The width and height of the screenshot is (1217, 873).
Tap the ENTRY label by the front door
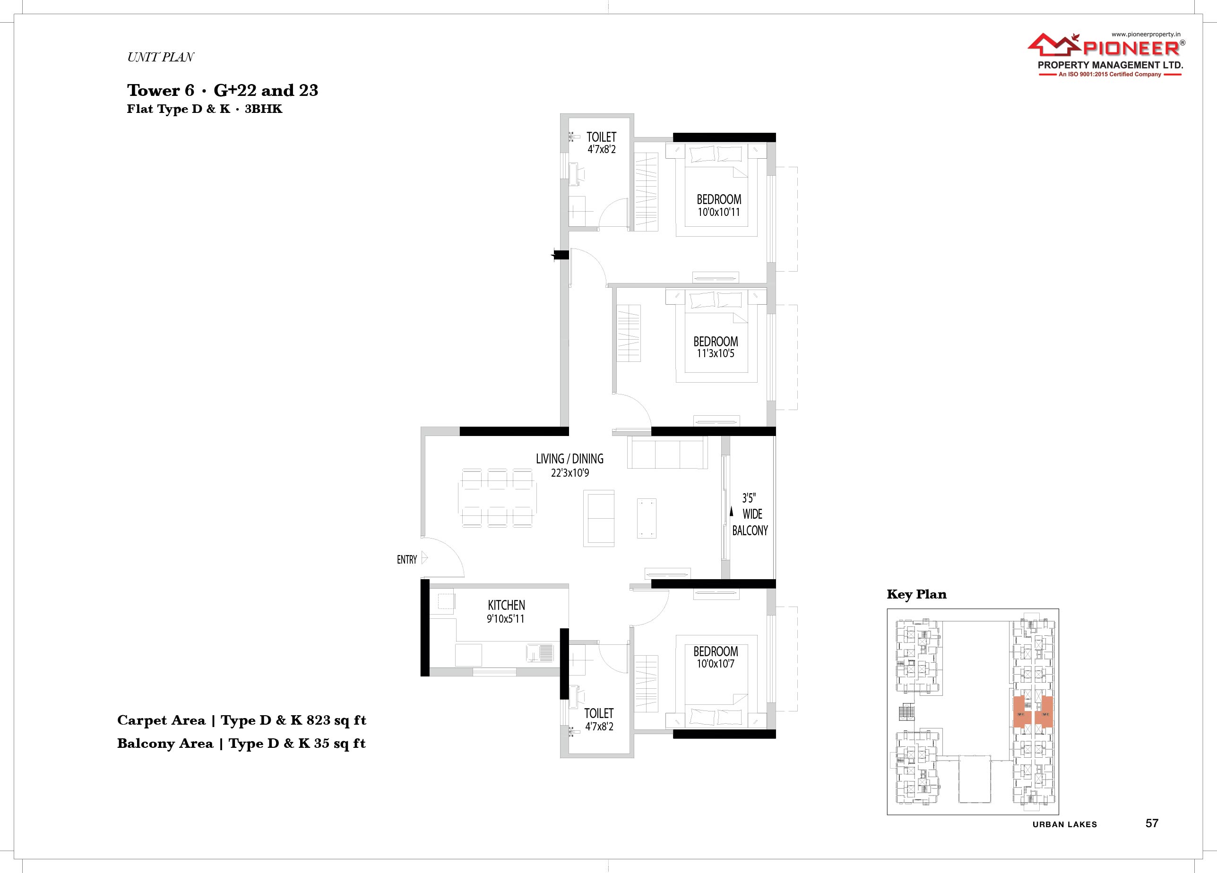(x=407, y=560)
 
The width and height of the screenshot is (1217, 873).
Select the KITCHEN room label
(x=506, y=605)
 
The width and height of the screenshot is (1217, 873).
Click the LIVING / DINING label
(x=570, y=459)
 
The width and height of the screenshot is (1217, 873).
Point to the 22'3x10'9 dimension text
(x=570, y=473)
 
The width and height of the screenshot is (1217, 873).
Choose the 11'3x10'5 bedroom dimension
(x=715, y=353)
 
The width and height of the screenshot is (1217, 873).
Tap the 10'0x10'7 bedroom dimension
(x=715, y=664)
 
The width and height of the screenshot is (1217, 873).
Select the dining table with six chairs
(x=497, y=498)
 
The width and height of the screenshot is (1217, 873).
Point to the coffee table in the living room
(x=647, y=518)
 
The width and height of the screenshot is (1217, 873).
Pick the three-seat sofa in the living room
(x=667, y=454)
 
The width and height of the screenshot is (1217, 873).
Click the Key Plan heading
(x=916, y=594)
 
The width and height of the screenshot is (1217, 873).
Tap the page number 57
(x=1151, y=823)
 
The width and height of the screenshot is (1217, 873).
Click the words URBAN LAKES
(x=1065, y=825)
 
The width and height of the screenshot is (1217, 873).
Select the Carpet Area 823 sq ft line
(x=242, y=720)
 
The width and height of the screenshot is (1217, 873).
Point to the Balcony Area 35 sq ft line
(x=242, y=744)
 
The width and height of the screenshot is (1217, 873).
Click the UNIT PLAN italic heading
(x=160, y=57)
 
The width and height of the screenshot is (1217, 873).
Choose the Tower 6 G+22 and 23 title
(x=222, y=90)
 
